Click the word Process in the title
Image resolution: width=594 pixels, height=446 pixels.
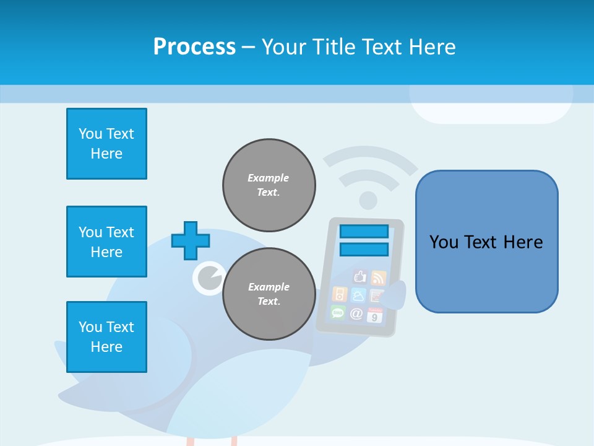click(194, 47)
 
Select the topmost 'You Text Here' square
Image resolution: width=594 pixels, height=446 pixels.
click(106, 144)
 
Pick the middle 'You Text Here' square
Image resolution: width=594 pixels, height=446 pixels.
click(106, 242)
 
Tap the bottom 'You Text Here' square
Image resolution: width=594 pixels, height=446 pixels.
click(106, 337)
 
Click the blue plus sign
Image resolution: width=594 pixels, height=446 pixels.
click(190, 240)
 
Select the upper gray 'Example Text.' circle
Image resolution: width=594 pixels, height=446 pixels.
click(269, 185)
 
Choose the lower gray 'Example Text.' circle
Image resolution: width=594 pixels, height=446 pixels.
click(269, 294)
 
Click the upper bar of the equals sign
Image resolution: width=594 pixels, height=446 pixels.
click(364, 231)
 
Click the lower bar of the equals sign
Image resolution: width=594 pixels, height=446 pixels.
click(364, 249)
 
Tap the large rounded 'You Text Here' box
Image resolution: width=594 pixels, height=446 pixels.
click(486, 242)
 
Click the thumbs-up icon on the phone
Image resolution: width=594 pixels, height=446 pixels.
click(359, 276)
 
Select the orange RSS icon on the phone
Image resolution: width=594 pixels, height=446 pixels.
click(378, 278)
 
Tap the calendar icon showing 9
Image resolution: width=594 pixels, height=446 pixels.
click(375, 315)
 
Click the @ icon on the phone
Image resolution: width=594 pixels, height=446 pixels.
click(356, 313)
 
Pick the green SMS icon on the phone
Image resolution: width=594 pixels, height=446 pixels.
click(338, 312)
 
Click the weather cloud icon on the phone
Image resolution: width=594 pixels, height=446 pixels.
click(358, 295)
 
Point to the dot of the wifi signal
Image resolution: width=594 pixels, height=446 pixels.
click(368, 200)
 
